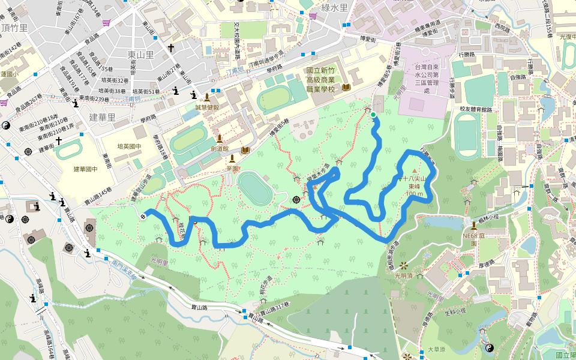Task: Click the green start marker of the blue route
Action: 373,115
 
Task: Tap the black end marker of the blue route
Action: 143,217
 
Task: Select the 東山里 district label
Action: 141,55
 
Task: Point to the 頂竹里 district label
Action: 14,28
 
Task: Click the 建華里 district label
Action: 101,117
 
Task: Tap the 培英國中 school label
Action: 129,146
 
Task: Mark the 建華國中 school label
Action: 85,170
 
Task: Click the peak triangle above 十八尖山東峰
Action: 413,172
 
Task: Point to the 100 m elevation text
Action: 414,194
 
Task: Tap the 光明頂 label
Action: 406,275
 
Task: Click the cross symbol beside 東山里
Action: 170,47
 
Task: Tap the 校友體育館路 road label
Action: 476,109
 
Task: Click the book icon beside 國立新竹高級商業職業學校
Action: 346,87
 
